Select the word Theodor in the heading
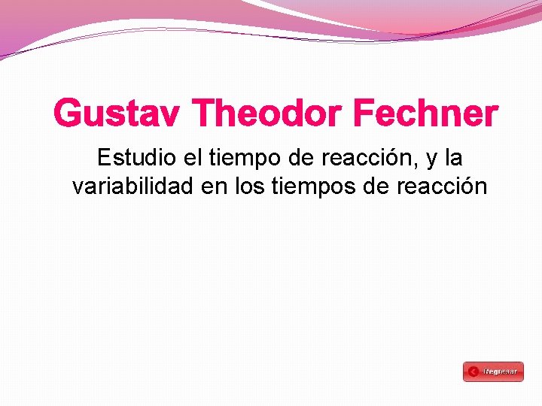[x=267, y=114]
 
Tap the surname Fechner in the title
[x=425, y=114]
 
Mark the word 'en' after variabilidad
[x=215, y=186]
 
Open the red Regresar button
[x=493, y=371]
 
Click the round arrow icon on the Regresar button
[x=473, y=371]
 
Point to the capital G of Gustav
[x=67, y=114]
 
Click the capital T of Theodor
[x=203, y=114]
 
